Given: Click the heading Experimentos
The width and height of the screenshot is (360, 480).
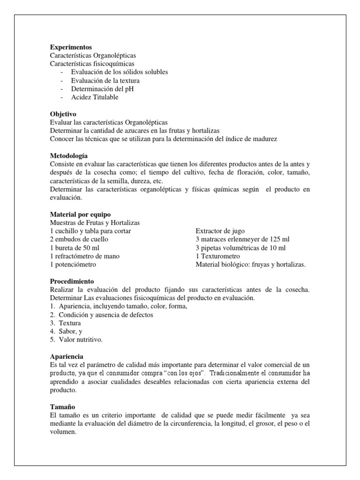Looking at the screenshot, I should click(x=71, y=47).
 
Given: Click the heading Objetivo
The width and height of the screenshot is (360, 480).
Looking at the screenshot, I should click(x=63, y=114).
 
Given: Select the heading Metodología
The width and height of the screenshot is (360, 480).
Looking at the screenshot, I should click(x=68, y=156).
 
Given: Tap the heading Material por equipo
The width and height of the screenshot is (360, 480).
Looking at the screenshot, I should click(x=80, y=214).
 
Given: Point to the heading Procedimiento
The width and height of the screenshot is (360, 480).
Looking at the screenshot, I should click(x=72, y=281).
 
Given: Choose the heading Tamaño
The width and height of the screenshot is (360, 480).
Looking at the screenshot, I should click(x=63, y=406).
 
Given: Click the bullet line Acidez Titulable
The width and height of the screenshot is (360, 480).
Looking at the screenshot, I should click(x=95, y=97).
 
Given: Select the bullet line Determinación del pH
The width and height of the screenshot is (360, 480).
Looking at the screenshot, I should click(x=103, y=89).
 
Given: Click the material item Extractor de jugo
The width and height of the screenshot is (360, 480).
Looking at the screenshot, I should click(x=220, y=231).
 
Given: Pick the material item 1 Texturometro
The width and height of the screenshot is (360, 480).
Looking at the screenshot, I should click(x=217, y=256).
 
